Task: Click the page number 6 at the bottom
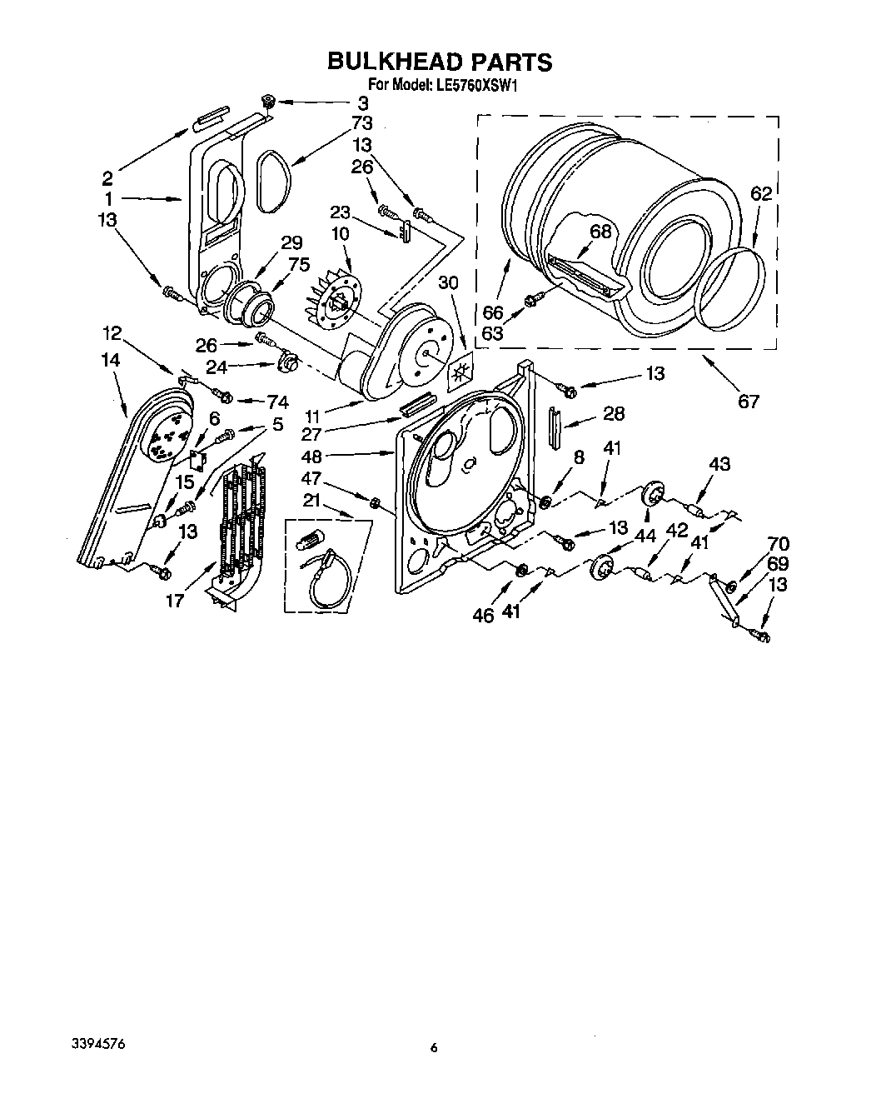pyautogui.click(x=434, y=1048)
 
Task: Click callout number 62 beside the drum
pyautogui.click(x=761, y=194)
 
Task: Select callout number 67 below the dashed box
pyautogui.click(x=749, y=401)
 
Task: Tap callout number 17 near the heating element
pyautogui.click(x=174, y=599)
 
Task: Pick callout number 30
pyautogui.click(x=448, y=283)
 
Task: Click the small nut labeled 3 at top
pyautogui.click(x=268, y=102)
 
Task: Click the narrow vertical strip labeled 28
pyautogui.click(x=554, y=429)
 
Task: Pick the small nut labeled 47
pyautogui.click(x=375, y=503)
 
